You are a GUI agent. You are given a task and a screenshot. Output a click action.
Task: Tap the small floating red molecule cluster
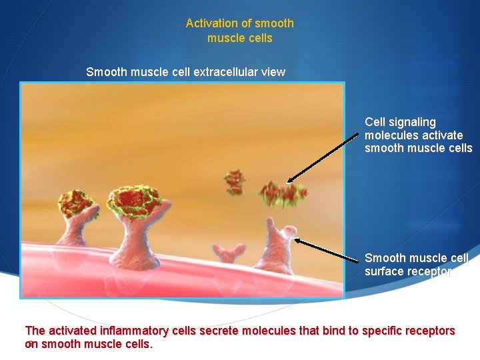[235, 181]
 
